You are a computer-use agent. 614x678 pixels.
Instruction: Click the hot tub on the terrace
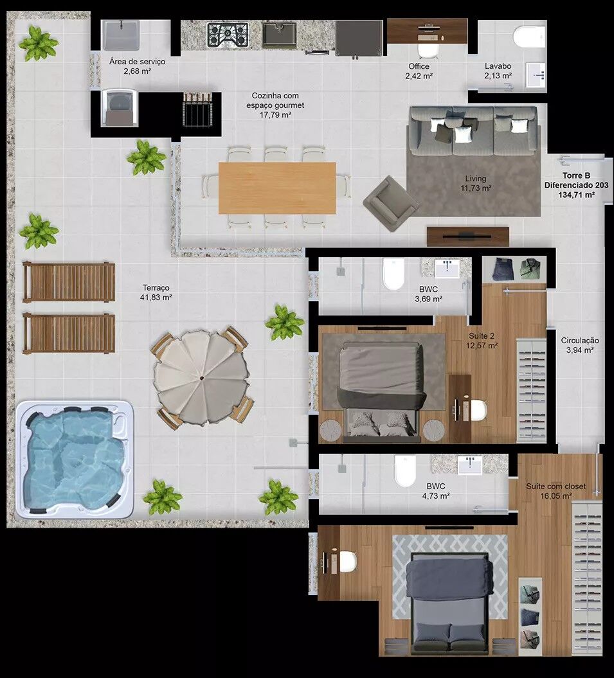point(75,459)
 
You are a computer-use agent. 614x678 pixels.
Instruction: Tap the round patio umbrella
point(202,378)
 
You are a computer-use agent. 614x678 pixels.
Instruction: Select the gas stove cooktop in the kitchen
point(228,35)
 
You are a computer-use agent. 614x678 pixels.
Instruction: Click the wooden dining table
point(277,188)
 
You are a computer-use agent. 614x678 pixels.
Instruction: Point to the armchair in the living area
point(391,203)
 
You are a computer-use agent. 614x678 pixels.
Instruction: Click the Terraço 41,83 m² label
point(156,292)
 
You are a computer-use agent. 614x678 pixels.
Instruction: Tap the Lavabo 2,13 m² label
point(498,71)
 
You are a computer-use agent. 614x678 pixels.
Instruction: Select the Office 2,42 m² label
point(419,71)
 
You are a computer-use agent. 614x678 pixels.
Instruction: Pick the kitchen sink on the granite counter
point(280,35)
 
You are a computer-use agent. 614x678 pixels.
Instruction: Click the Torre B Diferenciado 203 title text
point(576,181)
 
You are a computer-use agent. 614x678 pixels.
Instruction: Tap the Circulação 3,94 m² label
point(580,345)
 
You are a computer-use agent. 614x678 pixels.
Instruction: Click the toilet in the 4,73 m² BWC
point(405,470)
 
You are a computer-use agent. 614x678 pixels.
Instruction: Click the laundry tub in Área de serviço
point(120,35)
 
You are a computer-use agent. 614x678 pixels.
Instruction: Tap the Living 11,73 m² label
point(476,183)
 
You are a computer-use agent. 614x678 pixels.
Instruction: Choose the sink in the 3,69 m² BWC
point(447,268)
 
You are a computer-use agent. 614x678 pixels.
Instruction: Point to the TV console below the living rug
point(468,236)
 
